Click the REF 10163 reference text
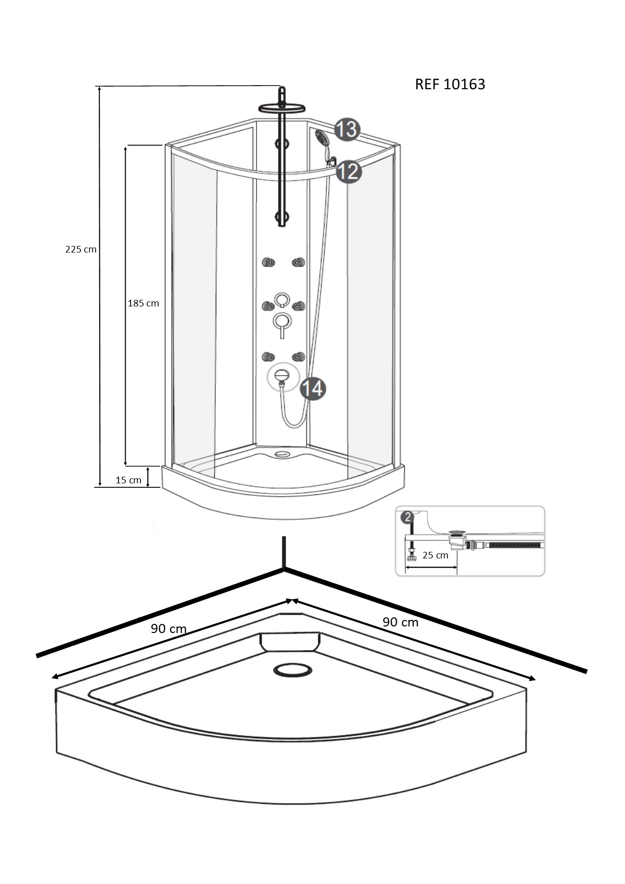[x=450, y=84]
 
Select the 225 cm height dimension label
[x=81, y=249]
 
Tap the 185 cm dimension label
[x=143, y=303]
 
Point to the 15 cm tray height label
[x=129, y=480]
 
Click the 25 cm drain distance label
[x=435, y=555]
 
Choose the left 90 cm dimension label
[x=168, y=628]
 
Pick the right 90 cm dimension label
[x=400, y=622]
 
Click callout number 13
[x=347, y=130]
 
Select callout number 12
[x=349, y=171]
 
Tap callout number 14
[x=313, y=389]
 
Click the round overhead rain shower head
[x=282, y=108]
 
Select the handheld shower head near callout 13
[x=322, y=137]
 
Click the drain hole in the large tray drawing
[x=293, y=670]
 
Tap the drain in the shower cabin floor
[x=282, y=454]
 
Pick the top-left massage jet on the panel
[x=268, y=262]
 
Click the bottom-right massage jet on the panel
[x=298, y=357]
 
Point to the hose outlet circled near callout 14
[x=282, y=377]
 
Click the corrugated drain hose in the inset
[x=514, y=545]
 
